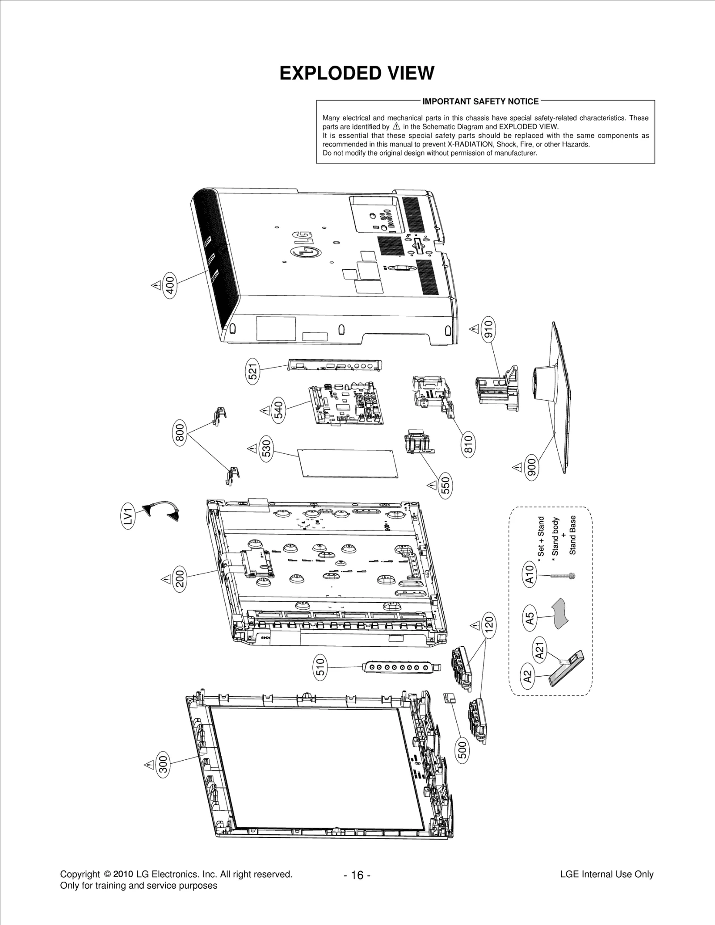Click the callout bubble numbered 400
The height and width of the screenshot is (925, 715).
click(170, 284)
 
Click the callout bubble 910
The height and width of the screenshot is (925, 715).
click(488, 329)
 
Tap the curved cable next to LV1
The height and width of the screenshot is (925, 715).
click(162, 511)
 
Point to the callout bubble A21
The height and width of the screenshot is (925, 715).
click(539, 649)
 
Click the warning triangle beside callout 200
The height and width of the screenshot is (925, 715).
click(166, 579)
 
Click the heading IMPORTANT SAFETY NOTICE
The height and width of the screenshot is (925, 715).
click(480, 101)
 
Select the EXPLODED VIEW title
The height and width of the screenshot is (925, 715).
click(357, 73)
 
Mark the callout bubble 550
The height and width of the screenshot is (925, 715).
click(446, 485)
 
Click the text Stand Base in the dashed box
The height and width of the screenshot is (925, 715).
click(572, 535)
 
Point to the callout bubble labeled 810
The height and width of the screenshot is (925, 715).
click(468, 444)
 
